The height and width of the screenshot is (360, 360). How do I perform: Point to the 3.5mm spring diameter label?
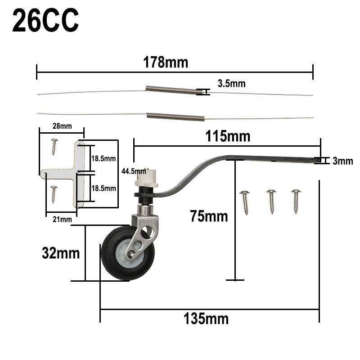point(231,83)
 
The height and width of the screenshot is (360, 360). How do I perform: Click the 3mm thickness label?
point(342,161)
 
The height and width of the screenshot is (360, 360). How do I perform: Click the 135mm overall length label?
point(206,319)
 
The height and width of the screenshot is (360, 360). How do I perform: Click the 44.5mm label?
point(134,171)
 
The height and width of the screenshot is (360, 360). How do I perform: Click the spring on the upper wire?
point(173,90)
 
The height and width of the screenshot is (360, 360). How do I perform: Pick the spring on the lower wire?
point(175,117)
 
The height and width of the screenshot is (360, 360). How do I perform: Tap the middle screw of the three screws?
point(271,201)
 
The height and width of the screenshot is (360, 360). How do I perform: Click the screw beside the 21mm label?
point(54,193)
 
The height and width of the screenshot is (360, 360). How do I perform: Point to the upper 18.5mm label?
point(103,158)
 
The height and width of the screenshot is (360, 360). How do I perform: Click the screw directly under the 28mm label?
point(54,146)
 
